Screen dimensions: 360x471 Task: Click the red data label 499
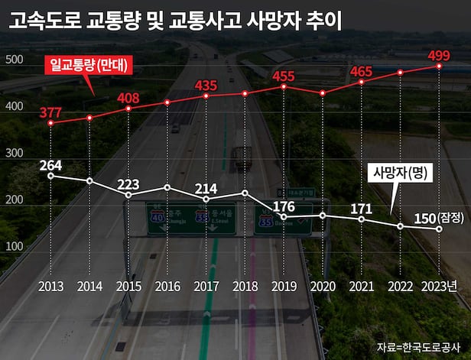point(439,54)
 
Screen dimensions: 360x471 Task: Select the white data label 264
point(50,164)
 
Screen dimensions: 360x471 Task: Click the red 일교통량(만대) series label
point(91,66)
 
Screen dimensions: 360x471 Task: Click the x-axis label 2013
point(50,287)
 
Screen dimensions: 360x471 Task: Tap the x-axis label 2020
point(323,287)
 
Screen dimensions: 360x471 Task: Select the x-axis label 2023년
point(440,287)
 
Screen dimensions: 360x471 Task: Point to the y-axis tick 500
point(13,60)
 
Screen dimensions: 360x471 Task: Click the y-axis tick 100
point(13,245)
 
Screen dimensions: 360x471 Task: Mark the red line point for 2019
point(284,86)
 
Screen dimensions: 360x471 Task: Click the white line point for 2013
point(50,176)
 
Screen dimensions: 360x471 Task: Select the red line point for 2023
point(439,66)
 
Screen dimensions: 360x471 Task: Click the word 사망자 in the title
point(271,20)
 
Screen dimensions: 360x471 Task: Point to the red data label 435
point(206,85)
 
